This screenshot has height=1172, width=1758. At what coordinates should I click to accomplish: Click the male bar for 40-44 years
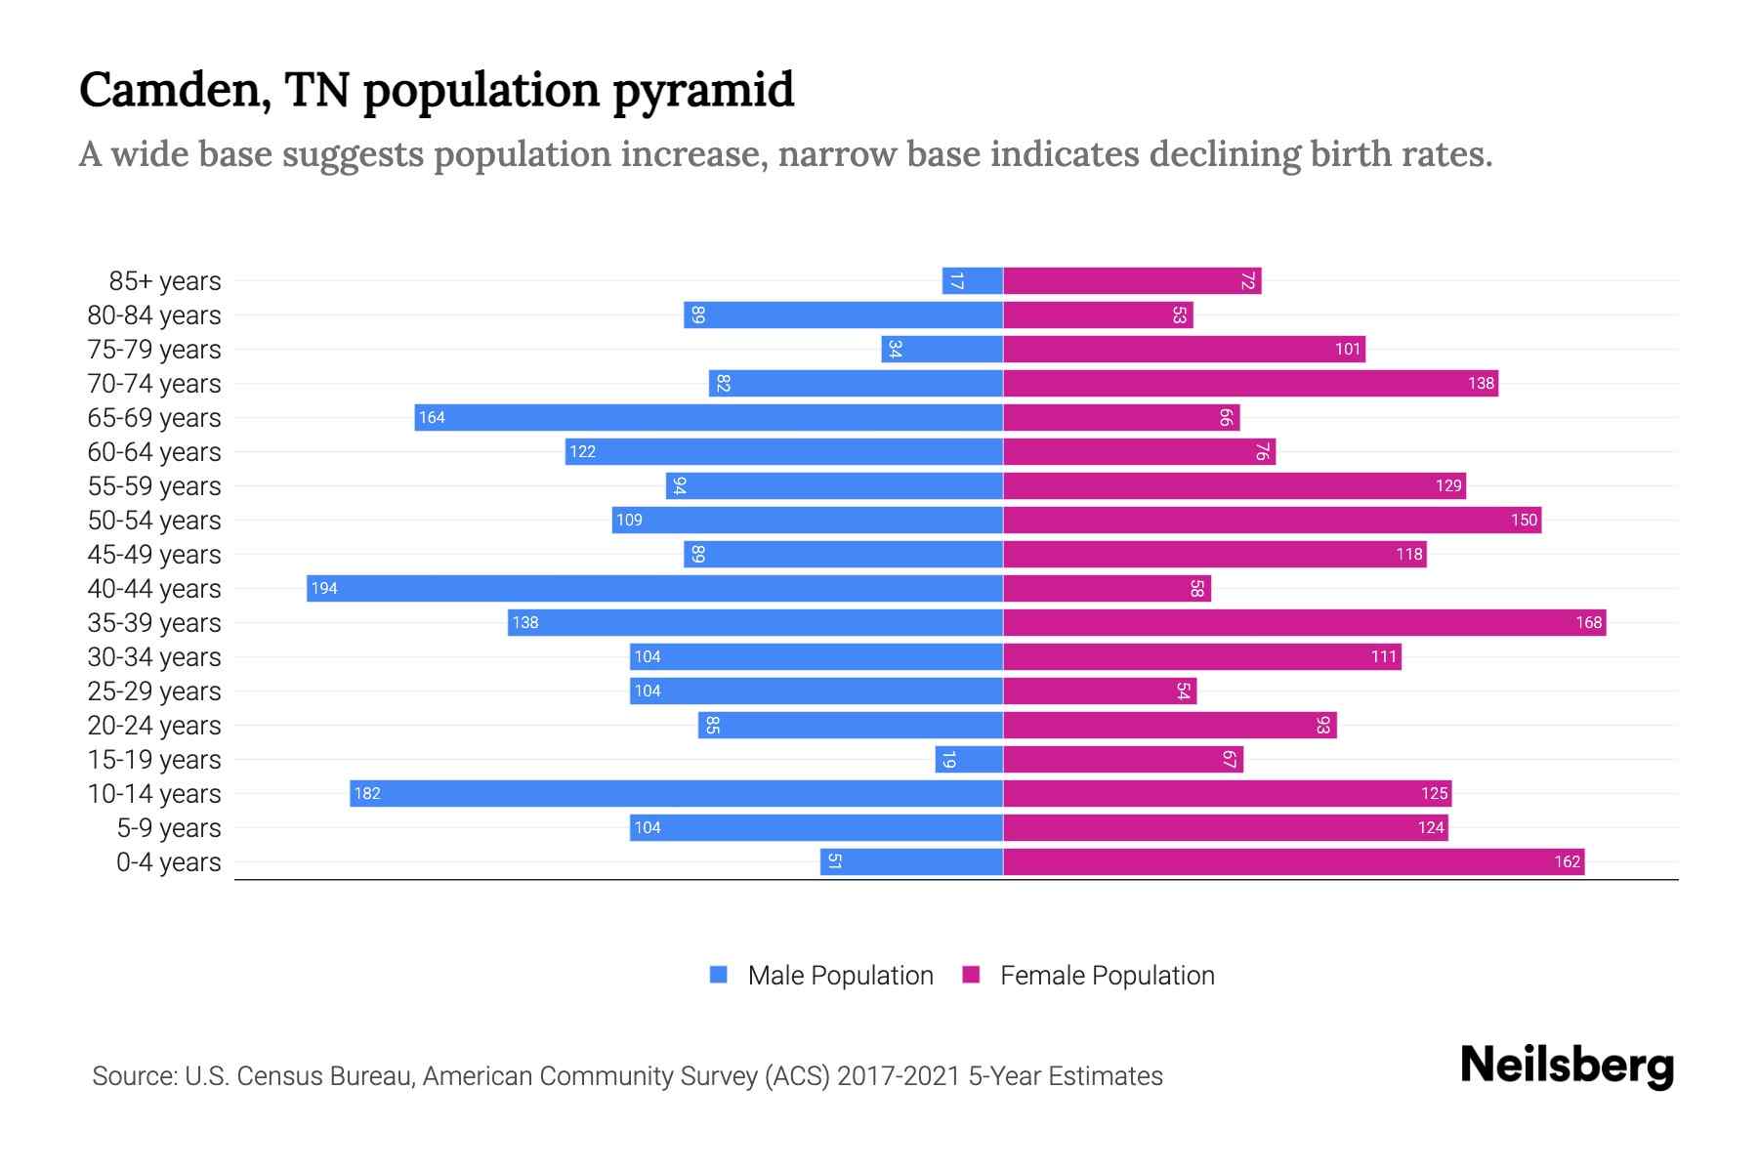tap(654, 588)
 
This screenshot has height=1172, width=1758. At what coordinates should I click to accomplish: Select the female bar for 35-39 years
tap(1304, 622)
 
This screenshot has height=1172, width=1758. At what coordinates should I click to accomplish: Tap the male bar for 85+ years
tap(973, 280)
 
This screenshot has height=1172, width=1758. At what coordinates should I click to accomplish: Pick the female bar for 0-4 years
tap(1293, 861)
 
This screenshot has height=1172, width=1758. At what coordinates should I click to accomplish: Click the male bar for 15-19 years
tap(969, 759)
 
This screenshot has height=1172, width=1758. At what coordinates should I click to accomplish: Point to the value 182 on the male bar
tap(367, 793)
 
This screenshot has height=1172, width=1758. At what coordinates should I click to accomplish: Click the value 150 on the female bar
tap(1524, 520)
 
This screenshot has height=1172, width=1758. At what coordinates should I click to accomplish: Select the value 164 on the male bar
tap(432, 417)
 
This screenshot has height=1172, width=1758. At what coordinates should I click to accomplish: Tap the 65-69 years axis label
tap(154, 417)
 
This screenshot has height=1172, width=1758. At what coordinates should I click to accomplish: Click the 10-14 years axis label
tap(154, 793)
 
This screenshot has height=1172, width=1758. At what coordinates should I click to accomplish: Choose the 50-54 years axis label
tap(154, 520)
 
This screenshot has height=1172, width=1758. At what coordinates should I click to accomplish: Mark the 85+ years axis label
tap(165, 280)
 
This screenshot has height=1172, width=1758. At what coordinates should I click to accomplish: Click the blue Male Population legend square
tap(719, 975)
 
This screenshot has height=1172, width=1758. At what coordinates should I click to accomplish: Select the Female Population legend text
tap(1107, 975)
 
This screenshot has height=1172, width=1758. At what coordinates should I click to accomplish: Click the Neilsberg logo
tap(1567, 1066)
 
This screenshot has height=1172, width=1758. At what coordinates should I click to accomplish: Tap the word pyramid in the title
tap(703, 91)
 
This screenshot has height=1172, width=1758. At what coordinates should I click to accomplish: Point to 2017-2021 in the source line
tap(899, 1075)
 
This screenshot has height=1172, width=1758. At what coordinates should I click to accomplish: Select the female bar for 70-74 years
tap(1250, 383)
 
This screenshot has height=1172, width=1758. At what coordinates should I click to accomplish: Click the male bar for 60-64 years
tap(783, 451)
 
